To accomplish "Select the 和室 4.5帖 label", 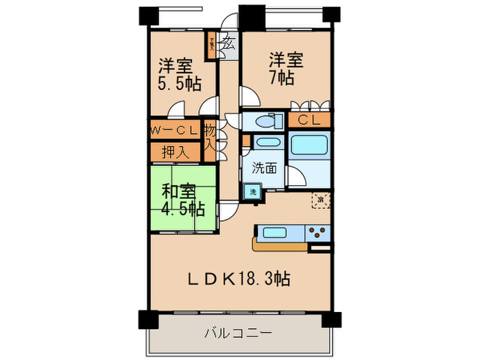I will click(x=182, y=199).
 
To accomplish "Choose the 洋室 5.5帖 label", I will click(x=180, y=75).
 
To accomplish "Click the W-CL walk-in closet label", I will click(x=175, y=130).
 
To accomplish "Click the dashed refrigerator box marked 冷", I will click(x=320, y=201).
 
